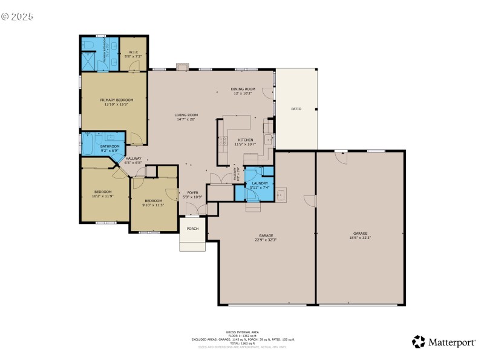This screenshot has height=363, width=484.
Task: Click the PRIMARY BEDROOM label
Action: pyautogui.click(x=116, y=100)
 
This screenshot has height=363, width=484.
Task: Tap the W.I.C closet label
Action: pyautogui.click(x=133, y=52)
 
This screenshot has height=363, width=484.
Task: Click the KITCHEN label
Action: pyautogui.click(x=245, y=140)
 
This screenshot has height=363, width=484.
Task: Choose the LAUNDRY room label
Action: pyautogui.click(x=260, y=183)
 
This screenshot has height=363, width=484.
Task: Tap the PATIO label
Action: pyautogui.click(x=296, y=109)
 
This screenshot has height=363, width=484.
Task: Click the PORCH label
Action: pyautogui.click(x=192, y=229)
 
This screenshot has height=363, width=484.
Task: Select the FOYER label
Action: pyautogui.click(x=192, y=192)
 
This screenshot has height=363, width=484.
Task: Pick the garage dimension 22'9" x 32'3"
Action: pyautogui.click(x=266, y=240)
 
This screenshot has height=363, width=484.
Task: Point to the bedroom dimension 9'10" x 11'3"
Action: pyautogui.click(x=153, y=204)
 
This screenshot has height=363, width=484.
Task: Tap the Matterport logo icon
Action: pyautogui.click(x=418, y=342)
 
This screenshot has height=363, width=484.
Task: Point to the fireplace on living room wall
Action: pyautogui.click(x=181, y=67)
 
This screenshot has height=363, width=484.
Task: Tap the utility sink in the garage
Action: pyautogui.click(x=281, y=195)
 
